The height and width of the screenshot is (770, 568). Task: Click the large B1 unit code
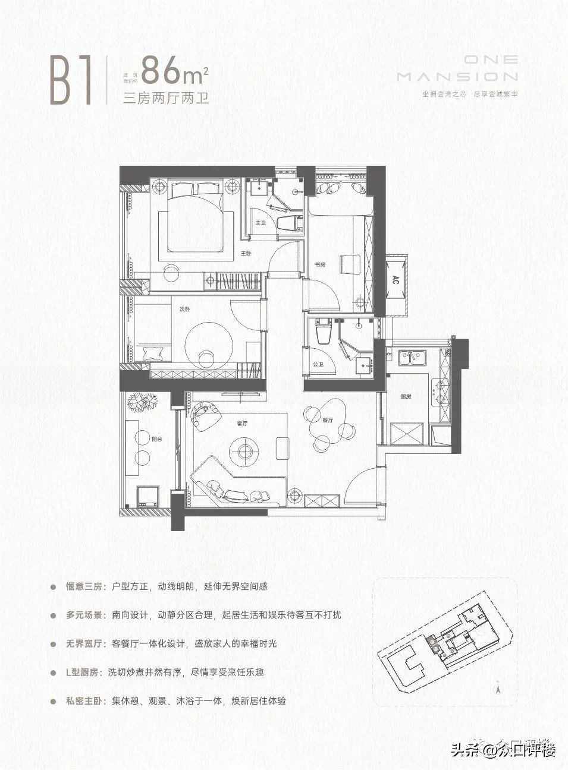pyautogui.click(x=71, y=81)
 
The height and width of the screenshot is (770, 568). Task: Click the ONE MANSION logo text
pyautogui.click(x=457, y=68)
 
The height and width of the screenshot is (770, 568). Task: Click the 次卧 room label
pyautogui.click(x=185, y=310)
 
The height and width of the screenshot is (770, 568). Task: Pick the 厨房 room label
pyautogui.click(x=406, y=396)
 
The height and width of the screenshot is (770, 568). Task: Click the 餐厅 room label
pyautogui.click(x=328, y=419)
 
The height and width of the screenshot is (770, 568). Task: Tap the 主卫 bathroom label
pyautogui.click(x=260, y=223)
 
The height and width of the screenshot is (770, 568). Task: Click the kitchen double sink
pyautogui.click(x=409, y=358)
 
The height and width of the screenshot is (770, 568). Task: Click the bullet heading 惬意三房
pyautogui.click(x=86, y=586)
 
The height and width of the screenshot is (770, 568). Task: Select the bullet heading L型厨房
pyautogui.click(x=84, y=673)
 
